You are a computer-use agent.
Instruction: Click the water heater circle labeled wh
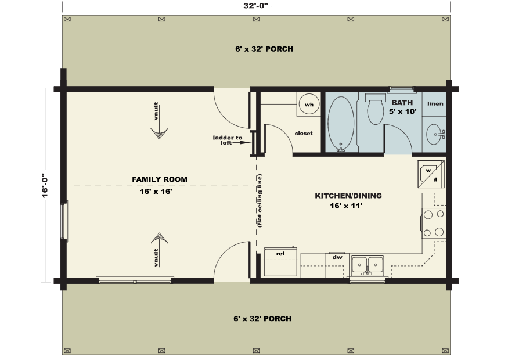pos(309,105)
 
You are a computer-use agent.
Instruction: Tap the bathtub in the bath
pos(341,124)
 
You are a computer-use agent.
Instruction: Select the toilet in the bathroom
pos(376,109)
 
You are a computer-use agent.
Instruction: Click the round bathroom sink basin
pos(435,134)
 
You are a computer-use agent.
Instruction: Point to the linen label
pos(435,104)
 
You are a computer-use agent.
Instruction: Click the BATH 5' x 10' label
pos(402,107)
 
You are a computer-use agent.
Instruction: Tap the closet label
pos(304,133)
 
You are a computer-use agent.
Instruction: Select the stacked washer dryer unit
pos(431,174)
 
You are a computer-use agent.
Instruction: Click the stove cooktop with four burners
pos(434,224)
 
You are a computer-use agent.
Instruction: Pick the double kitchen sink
pos(368,266)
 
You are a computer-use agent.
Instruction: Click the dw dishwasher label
pos(337,258)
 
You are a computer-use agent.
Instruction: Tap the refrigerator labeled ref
pos(280,262)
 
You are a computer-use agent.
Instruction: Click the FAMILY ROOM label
pos(160,179)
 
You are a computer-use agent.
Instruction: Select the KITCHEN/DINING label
pos(348,196)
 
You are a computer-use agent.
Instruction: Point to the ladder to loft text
pos(228,140)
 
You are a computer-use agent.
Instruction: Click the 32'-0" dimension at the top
pos(256,6)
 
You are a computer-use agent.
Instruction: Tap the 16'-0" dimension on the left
pos(45,185)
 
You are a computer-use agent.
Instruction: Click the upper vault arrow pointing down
pos(159,121)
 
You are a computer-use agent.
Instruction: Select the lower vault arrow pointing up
pos(159,250)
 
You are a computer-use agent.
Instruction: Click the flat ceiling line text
pos(260,200)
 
